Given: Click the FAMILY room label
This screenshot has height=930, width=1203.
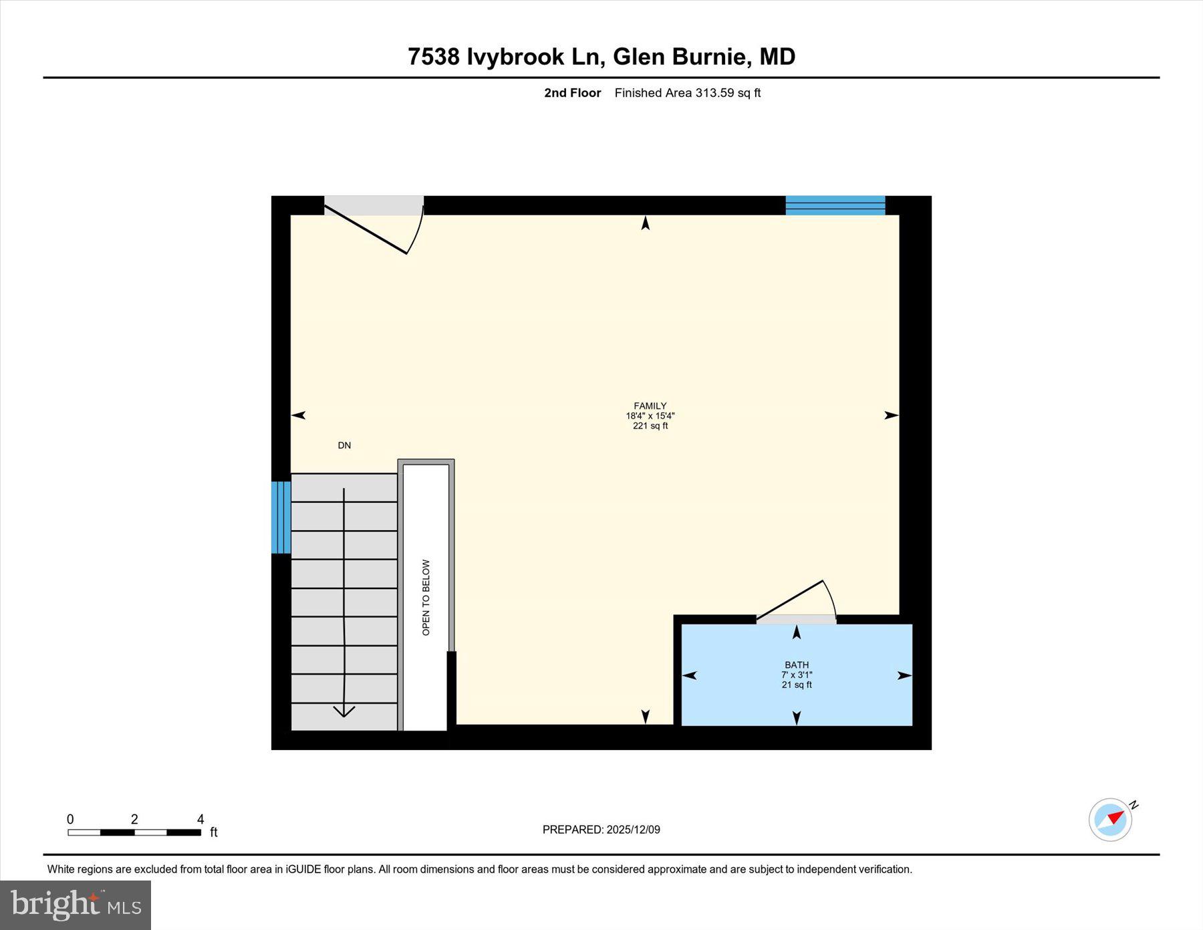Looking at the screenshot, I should (650, 406).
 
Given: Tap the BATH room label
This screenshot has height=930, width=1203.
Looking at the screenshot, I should (796, 665).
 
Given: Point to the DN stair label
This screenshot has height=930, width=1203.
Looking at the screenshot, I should (344, 445).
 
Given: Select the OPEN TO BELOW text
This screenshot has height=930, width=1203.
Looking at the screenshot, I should (426, 597).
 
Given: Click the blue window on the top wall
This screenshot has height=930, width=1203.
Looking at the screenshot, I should (835, 205).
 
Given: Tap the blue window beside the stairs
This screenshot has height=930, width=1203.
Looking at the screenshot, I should (281, 517).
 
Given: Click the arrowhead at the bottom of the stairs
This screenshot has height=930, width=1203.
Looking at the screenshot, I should (344, 711).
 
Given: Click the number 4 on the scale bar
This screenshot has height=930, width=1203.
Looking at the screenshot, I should (200, 819).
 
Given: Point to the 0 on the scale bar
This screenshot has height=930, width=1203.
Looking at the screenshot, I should (70, 819).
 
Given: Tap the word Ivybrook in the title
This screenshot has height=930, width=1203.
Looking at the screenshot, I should (515, 57).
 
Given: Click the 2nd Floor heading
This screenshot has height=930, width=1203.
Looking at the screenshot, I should (572, 93).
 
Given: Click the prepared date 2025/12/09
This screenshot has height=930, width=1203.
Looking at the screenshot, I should (633, 830).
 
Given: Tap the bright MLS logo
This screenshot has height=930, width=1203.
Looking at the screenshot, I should (76, 905).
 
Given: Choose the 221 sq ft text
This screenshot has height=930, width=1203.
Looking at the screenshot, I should (650, 426).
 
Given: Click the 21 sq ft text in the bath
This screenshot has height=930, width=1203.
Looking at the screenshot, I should (796, 685).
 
